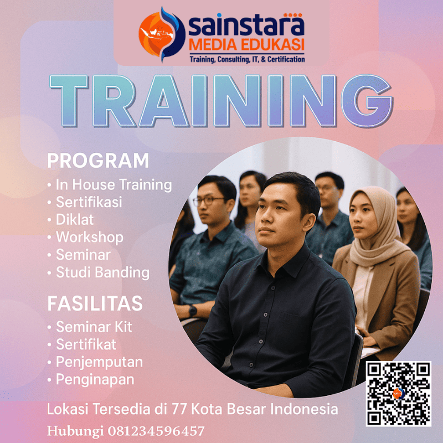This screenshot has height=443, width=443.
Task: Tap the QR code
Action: point(398,394)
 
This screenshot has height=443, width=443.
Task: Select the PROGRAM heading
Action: point(98,161)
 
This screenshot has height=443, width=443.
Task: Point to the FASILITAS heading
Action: point(95,303)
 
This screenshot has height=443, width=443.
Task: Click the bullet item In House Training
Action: point(114,184)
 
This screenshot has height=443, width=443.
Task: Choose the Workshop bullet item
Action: point(89,237)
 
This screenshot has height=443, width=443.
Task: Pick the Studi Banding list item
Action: point(102,272)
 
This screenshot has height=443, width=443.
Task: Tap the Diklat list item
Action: point(74,219)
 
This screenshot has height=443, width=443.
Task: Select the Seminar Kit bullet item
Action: point(94,327)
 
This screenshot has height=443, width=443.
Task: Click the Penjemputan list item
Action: point(99,362)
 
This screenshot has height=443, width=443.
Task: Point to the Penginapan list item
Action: point(95,380)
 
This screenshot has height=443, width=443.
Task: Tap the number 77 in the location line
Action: point(200,410)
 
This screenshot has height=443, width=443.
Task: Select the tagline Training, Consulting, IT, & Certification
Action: point(247,59)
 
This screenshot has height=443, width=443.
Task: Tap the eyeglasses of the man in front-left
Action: point(209,200)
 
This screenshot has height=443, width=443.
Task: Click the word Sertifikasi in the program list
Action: point(89,202)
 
